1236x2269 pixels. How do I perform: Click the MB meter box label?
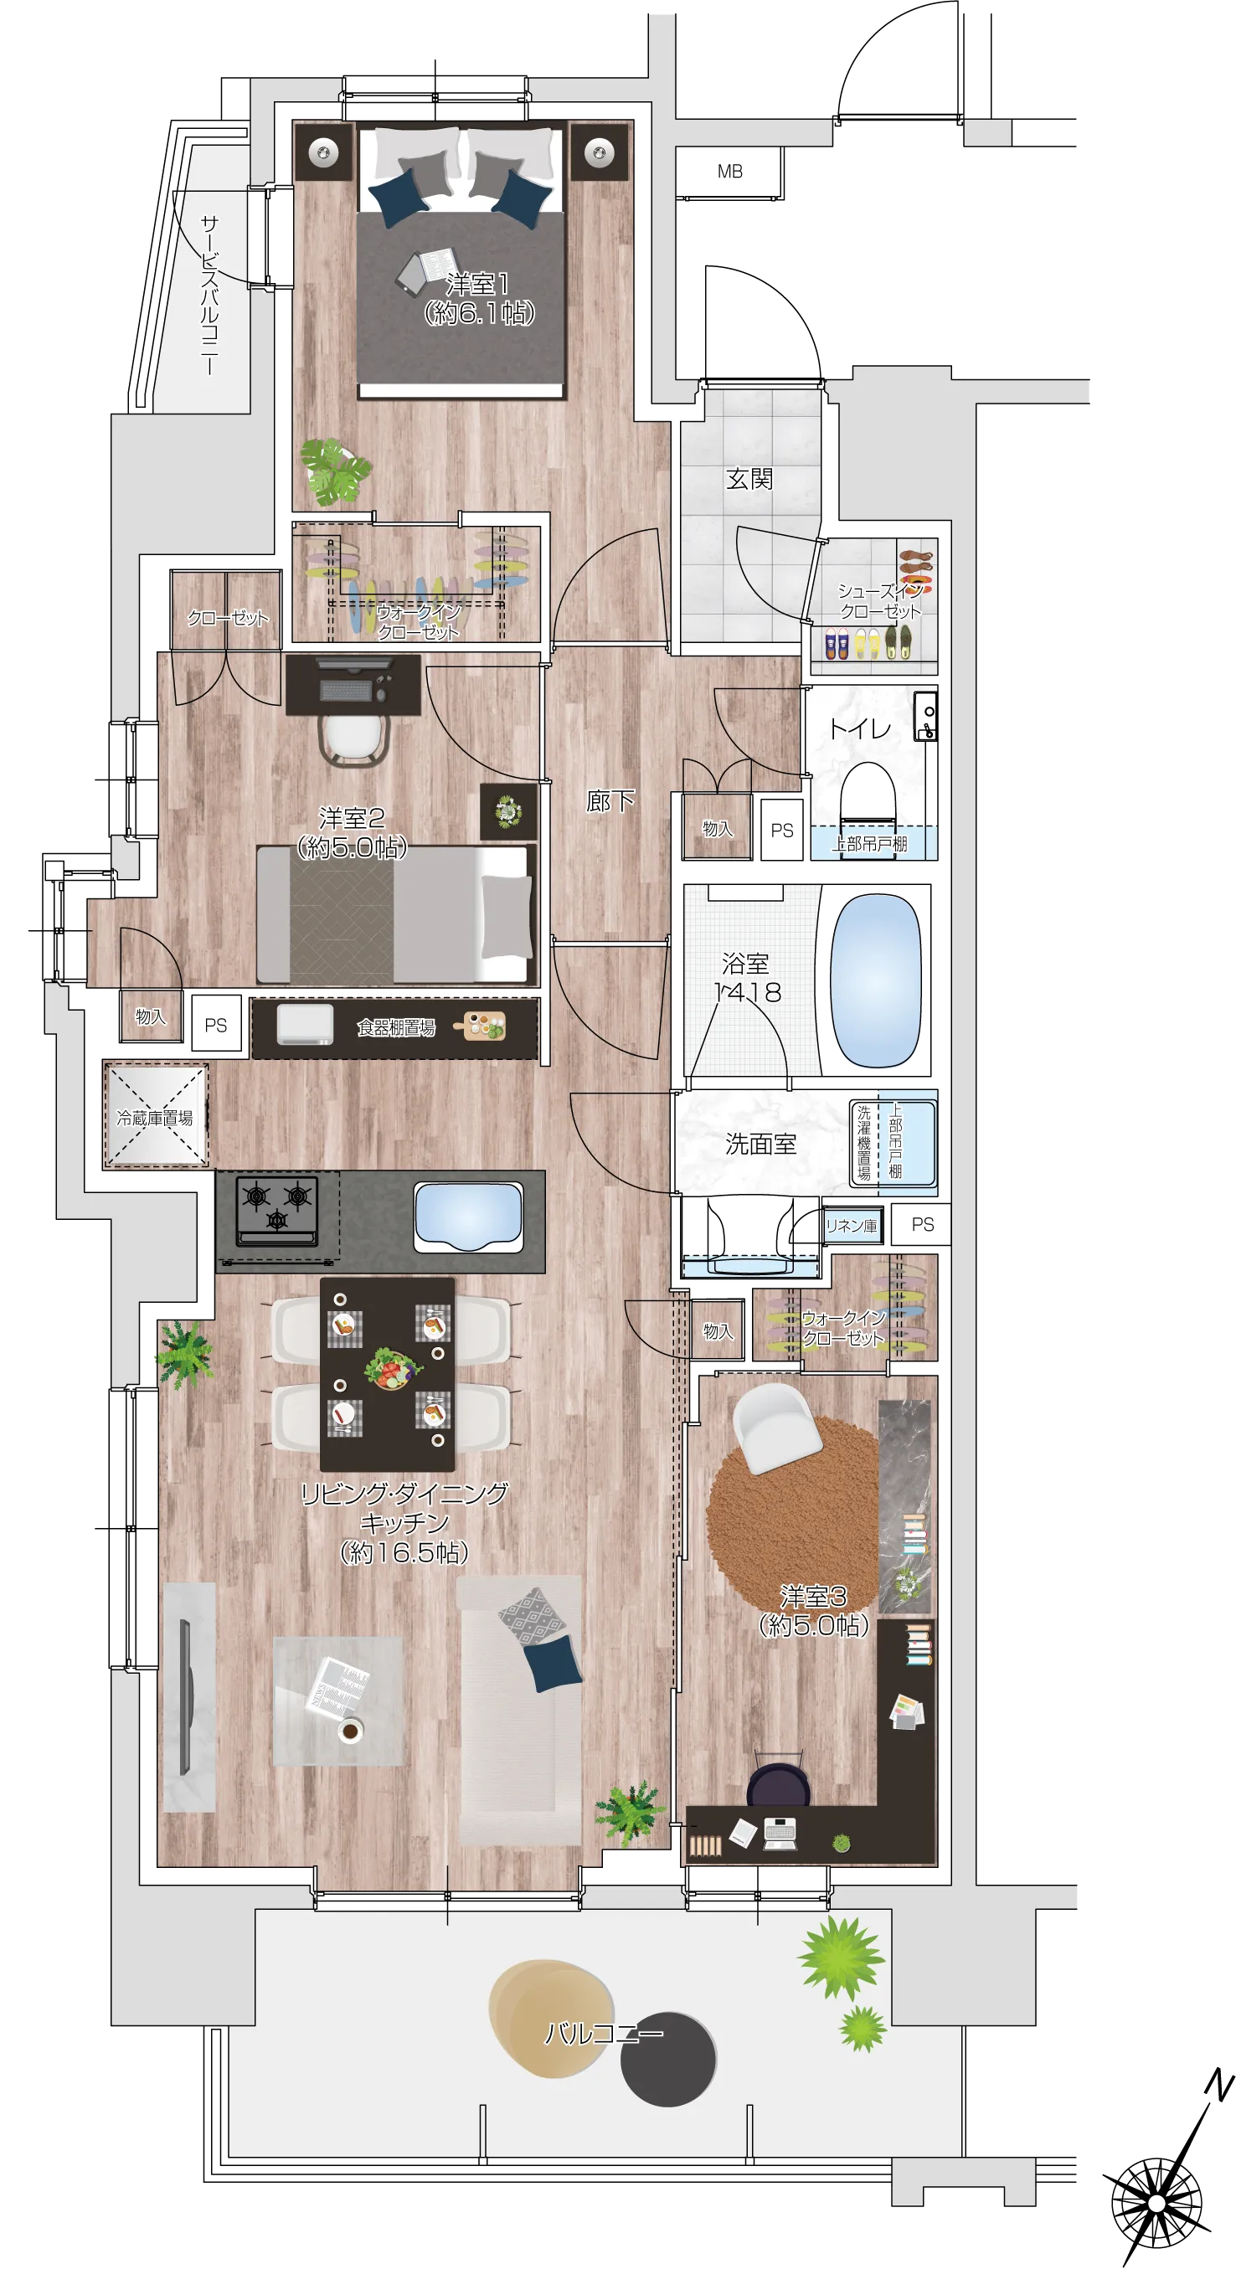(x=729, y=171)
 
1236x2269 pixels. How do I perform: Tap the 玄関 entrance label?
(x=749, y=479)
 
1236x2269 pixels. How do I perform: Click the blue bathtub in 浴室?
(x=875, y=980)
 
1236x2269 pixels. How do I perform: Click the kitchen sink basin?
(x=468, y=1217)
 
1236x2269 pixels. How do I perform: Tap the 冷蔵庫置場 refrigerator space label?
(x=155, y=1118)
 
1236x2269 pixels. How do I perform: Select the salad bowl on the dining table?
(x=392, y=1369)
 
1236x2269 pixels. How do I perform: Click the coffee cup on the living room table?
(x=351, y=1731)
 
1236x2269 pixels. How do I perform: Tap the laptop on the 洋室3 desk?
(x=780, y=1832)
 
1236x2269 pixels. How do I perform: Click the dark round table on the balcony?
(x=667, y=2060)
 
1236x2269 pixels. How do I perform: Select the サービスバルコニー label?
(x=209, y=296)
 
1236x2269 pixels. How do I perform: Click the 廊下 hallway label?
(x=610, y=800)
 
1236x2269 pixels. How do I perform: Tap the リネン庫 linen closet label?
(x=851, y=1225)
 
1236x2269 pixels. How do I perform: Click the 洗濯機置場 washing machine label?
(x=864, y=1142)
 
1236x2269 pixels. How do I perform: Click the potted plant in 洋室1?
(x=335, y=471)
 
